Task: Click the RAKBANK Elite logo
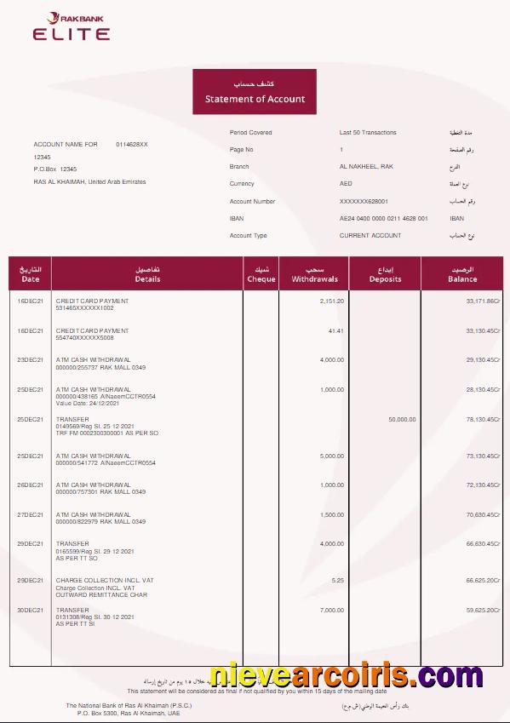tap(72, 27)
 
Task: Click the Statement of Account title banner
tap(255, 92)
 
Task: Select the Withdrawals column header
tap(314, 274)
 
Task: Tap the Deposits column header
tap(385, 274)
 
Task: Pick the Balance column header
tap(462, 274)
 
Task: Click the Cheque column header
tap(261, 274)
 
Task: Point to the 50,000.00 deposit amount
tap(402, 419)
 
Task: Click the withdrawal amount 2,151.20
tap(332, 301)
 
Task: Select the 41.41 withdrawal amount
tap(335, 330)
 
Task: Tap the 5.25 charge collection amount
tap(338, 581)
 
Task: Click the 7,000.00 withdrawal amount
tap(332, 611)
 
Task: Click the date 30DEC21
tap(30, 611)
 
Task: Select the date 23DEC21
tap(30, 360)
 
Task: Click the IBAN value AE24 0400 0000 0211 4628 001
tap(383, 219)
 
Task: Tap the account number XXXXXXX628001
tap(364, 202)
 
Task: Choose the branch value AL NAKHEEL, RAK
tap(366, 167)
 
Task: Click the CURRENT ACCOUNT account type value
tap(370, 236)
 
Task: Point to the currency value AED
tap(346, 184)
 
